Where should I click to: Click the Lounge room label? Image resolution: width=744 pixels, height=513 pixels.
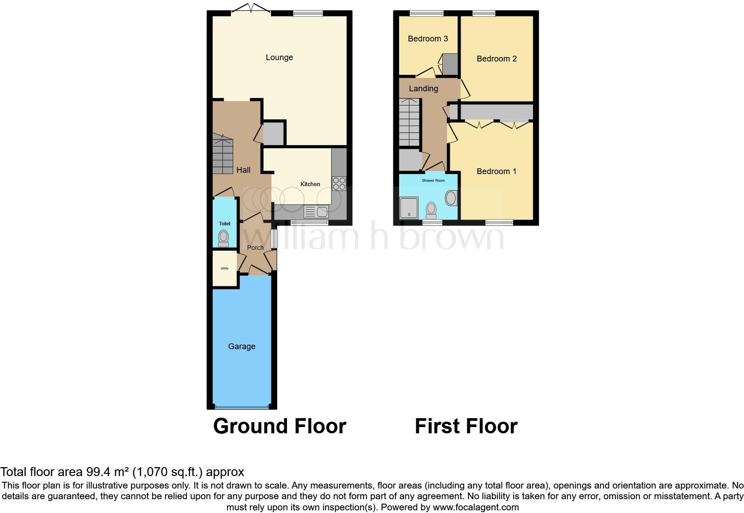click(x=279, y=57)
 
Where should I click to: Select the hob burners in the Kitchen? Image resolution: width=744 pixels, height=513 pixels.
click(x=339, y=184)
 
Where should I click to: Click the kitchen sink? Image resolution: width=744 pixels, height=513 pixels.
click(x=316, y=212)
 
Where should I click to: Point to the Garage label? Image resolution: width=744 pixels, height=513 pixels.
click(x=242, y=346)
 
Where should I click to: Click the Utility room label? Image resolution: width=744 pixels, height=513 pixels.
click(x=224, y=269)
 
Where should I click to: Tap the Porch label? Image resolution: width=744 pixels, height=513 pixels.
click(x=255, y=248)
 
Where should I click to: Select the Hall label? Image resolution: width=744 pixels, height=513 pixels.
click(x=243, y=170)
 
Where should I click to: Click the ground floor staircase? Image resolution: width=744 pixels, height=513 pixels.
click(x=222, y=156)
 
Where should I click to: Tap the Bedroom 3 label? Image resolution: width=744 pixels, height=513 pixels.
click(x=428, y=39)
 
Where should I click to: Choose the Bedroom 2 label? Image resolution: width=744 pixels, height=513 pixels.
click(x=497, y=59)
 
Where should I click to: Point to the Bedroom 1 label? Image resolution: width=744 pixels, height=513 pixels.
click(x=496, y=171)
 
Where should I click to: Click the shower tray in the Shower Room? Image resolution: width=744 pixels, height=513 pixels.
click(x=409, y=208)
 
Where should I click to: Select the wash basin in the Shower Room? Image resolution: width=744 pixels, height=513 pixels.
click(x=451, y=198)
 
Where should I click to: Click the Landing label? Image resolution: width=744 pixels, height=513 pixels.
click(x=423, y=89)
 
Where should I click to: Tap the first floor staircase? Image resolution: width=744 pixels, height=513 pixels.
click(x=409, y=122)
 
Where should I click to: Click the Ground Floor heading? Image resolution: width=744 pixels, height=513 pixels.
click(x=279, y=426)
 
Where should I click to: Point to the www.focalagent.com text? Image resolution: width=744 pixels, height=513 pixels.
click(x=476, y=507)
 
